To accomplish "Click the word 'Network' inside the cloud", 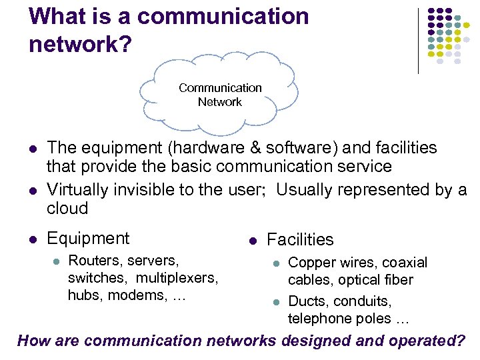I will click(x=219, y=102).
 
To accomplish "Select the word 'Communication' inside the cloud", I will click(x=220, y=88).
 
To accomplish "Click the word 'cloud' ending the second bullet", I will click(x=67, y=209).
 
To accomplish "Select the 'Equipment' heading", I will click(x=88, y=239).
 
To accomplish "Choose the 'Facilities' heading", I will click(x=300, y=240).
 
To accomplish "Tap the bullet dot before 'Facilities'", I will click(x=252, y=240).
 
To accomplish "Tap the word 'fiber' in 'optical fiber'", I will click(x=397, y=280).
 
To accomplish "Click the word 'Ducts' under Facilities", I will click(x=306, y=301).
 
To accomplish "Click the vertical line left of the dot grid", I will click(x=418, y=40).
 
